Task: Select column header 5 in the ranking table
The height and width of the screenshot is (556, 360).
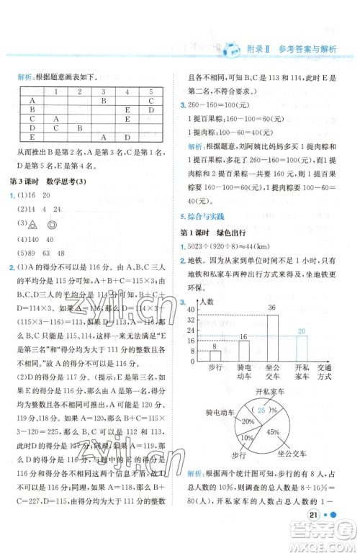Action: [150, 91]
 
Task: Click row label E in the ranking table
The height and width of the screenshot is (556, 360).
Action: [32, 136]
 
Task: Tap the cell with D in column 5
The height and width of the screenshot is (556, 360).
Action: [150, 127]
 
